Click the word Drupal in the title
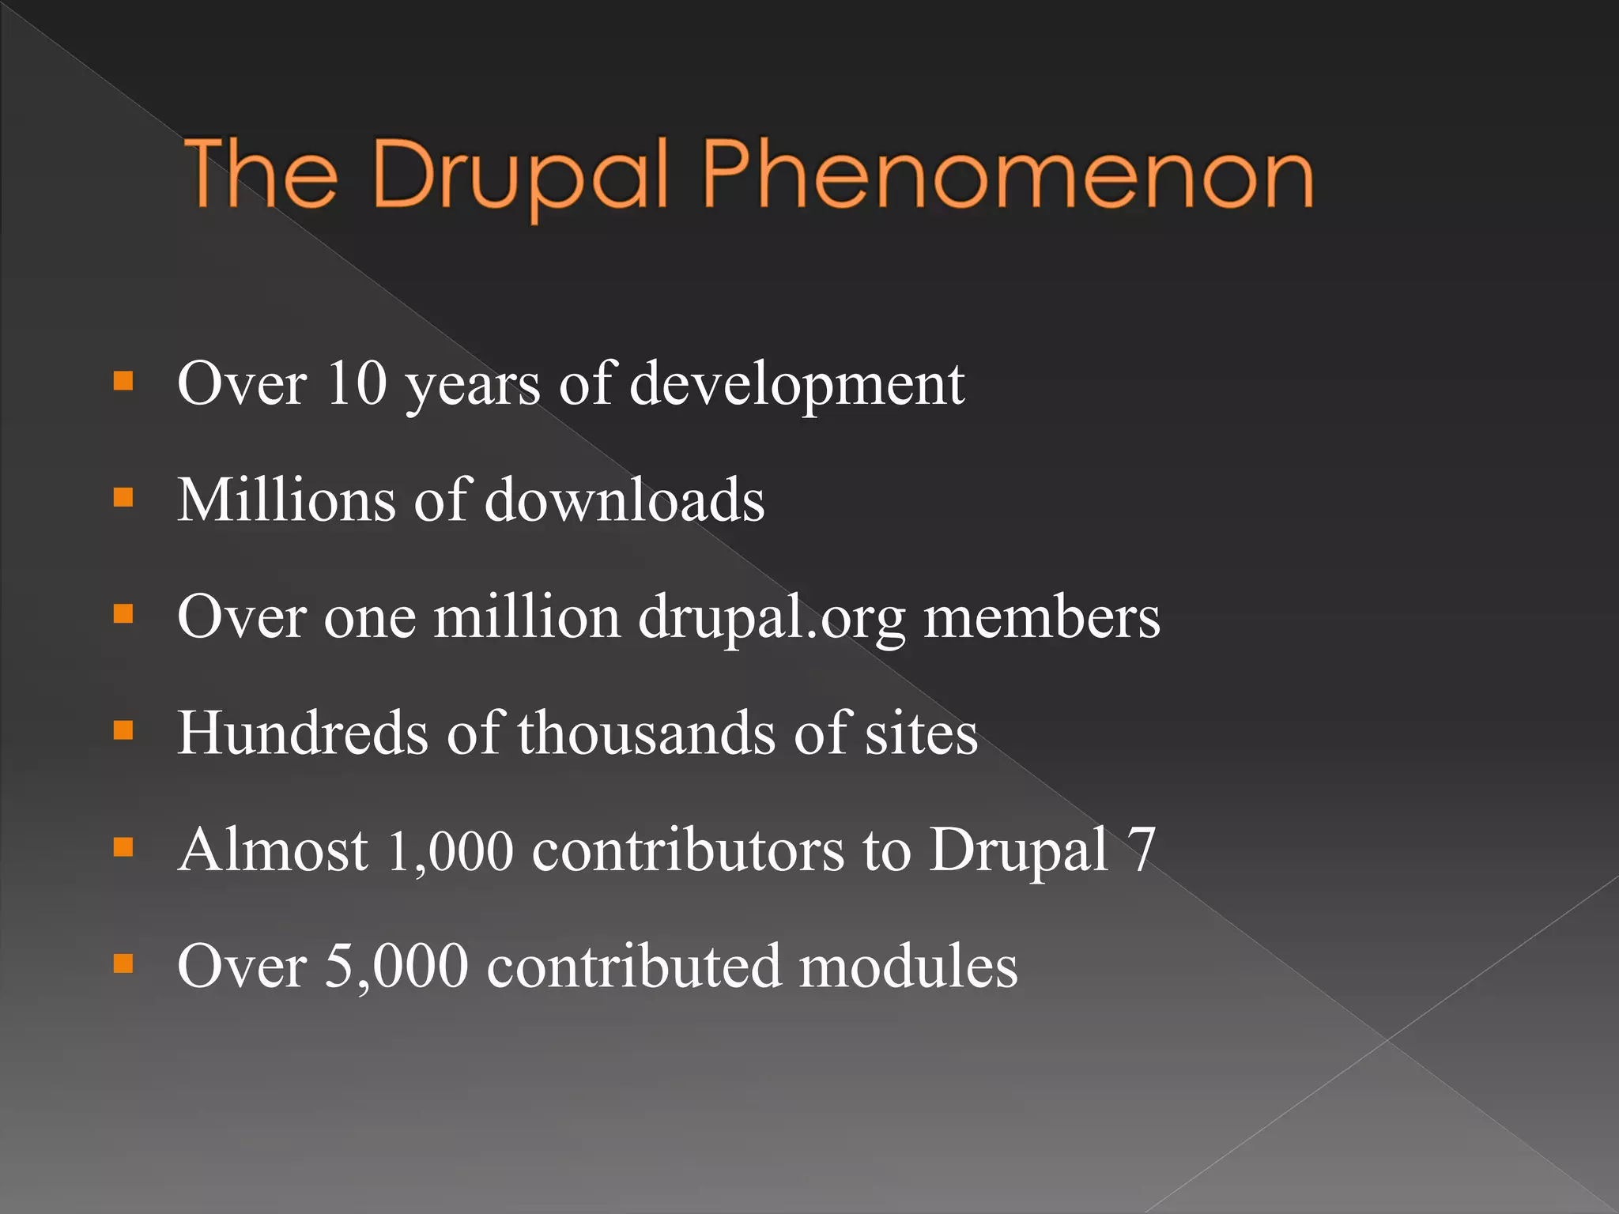[x=521, y=175]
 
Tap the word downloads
[x=625, y=500]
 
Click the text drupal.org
[x=772, y=617]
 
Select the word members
[x=1042, y=616]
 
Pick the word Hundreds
[x=303, y=733]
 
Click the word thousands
[x=647, y=733]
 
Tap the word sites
[x=921, y=733]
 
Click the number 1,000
[x=450, y=850]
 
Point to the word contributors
[x=688, y=850]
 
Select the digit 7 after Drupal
[x=1142, y=850]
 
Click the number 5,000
[x=397, y=966]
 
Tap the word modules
[x=908, y=966]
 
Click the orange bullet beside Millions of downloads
[x=123, y=497]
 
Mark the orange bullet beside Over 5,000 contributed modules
[x=123, y=963]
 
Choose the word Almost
[x=273, y=850]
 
